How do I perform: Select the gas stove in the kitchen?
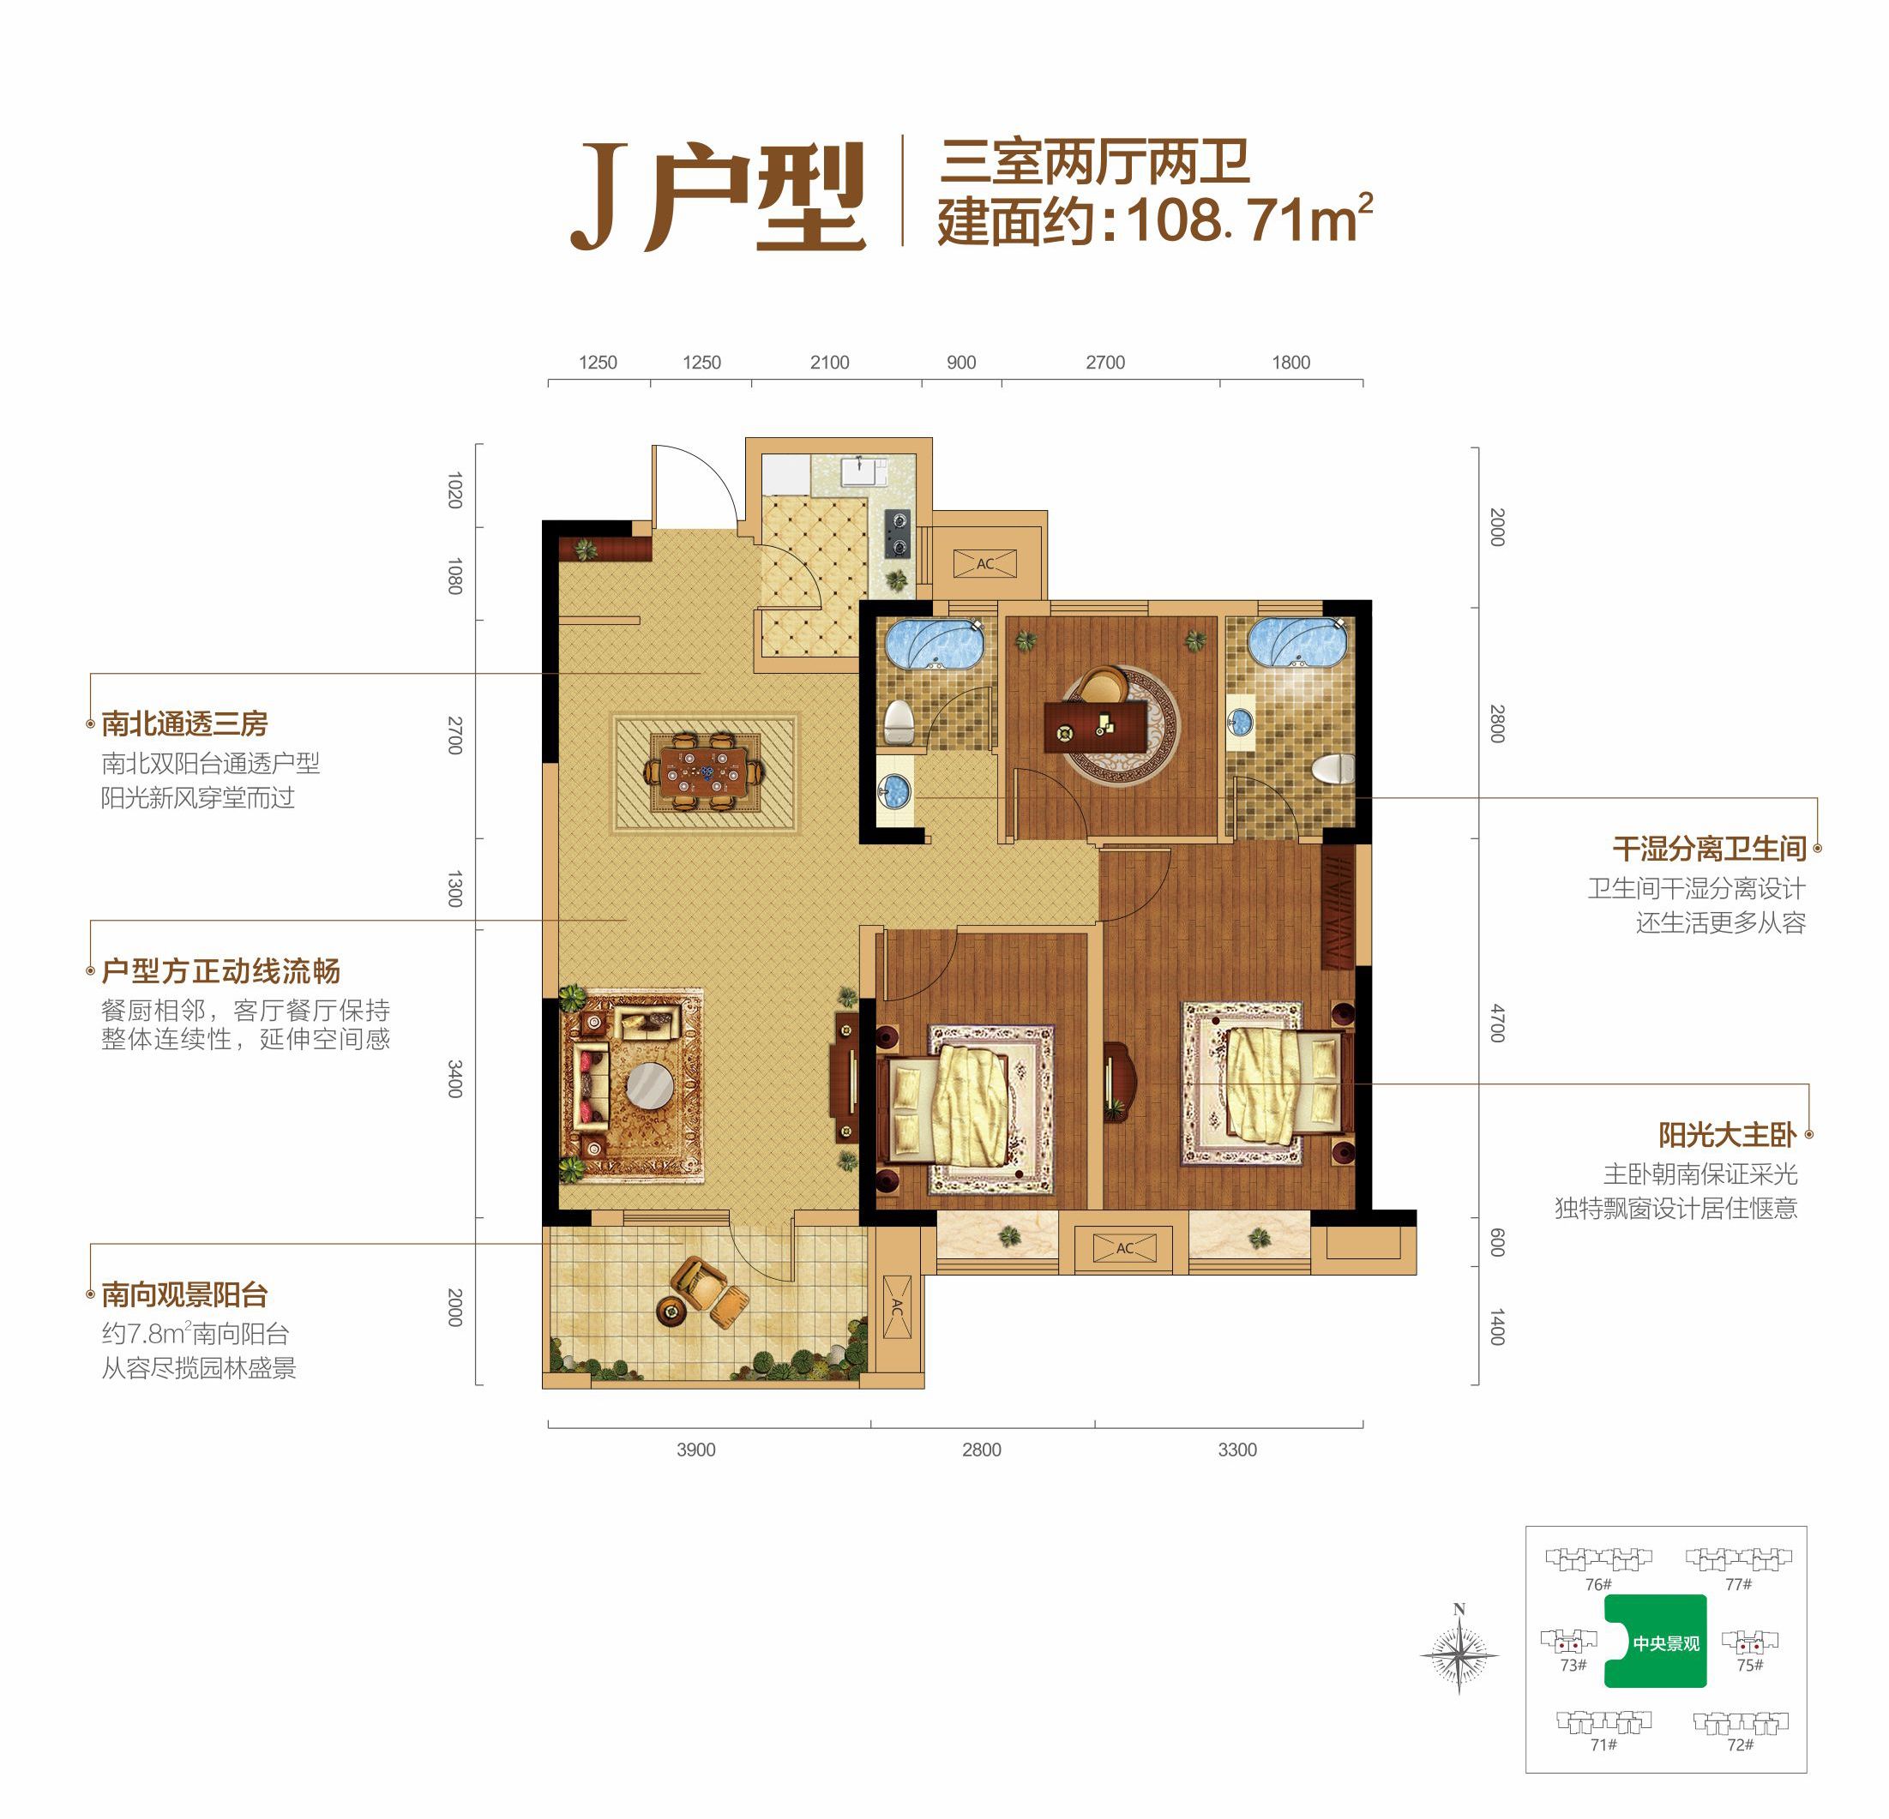(x=899, y=534)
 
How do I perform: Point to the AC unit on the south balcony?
(x=897, y=1307)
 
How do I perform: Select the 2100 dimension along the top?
(x=829, y=363)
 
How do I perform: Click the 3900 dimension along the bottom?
(x=696, y=1450)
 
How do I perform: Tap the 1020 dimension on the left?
(x=455, y=489)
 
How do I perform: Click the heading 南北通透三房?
(x=184, y=723)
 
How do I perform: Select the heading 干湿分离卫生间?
(x=1709, y=849)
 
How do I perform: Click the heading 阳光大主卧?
(x=1727, y=1135)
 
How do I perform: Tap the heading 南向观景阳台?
(x=184, y=1294)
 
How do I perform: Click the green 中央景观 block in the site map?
(x=1657, y=1642)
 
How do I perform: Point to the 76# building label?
(x=1599, y=1584)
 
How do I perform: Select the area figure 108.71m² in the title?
(x=1249, y=220)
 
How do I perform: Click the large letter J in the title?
(x=599, y=197)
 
